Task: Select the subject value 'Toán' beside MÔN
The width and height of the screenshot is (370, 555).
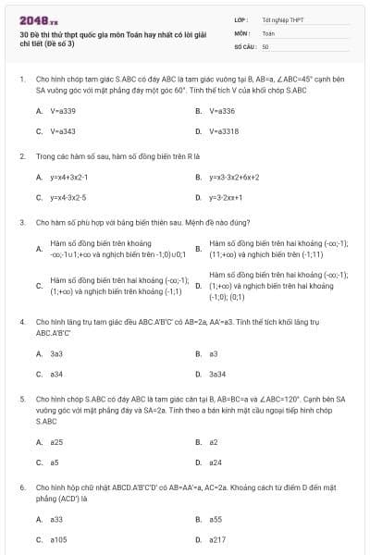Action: (x=268, y=32)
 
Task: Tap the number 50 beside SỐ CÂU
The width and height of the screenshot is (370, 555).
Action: (x=265, y=45)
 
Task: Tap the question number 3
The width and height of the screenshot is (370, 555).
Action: (x=21, y=222)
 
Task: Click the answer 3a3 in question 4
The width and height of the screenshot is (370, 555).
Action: (x=56, y=353)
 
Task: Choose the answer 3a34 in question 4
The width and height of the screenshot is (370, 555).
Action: (x=217, y=374)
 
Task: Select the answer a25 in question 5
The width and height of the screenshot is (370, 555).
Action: (x=56, y=441)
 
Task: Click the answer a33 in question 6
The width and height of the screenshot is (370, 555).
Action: (x=56, y=519)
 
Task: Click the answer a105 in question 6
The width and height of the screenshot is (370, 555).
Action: (x=58, y=539)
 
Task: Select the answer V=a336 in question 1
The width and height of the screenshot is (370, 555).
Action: (x=222, y=110)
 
